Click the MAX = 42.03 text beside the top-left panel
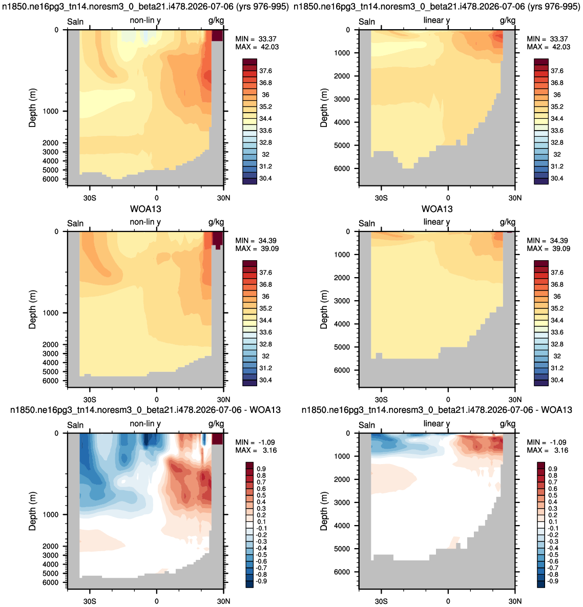257,47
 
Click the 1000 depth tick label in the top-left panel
50,111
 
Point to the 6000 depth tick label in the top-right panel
342,169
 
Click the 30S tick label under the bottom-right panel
381,601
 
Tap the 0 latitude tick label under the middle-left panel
156,400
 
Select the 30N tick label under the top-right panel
515,198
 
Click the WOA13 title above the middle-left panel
145,209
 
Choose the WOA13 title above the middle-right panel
437,209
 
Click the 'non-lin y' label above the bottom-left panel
145,424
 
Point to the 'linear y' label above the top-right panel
436,20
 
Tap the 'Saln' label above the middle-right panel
367,223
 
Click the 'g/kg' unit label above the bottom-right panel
508,424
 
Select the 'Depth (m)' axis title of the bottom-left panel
32,511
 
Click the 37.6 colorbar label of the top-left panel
265,71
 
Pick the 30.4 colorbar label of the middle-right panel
557,380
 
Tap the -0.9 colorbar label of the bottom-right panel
553,581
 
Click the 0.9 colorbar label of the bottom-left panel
261,469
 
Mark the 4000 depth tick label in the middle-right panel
342,324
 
